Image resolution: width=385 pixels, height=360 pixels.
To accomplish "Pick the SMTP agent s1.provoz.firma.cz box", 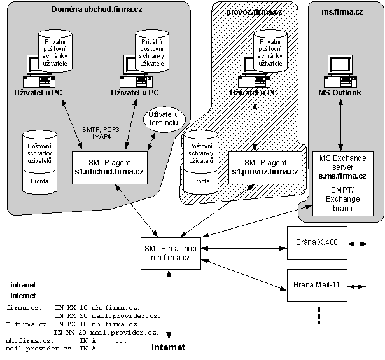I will (263, 167).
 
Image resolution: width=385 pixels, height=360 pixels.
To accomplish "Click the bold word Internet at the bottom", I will (168, 347).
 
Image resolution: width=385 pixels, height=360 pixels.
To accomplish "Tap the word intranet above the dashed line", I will (24, 285).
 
